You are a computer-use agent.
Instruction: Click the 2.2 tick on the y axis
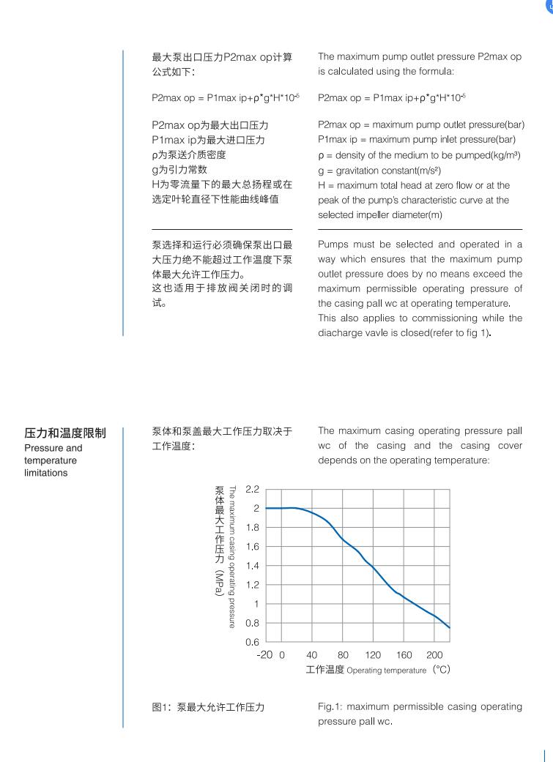253,488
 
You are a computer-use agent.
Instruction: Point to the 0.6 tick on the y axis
253,642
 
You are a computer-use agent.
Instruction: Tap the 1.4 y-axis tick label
253,565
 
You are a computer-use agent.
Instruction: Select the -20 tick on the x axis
264,654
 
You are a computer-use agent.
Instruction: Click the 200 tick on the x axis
434,654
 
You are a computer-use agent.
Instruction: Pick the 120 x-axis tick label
373,654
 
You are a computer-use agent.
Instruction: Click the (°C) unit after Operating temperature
440,670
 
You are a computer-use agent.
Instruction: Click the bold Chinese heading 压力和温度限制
64,433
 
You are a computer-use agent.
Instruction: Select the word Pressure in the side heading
42,447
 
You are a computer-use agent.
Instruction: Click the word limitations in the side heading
45,473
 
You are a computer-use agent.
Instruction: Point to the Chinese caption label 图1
160,707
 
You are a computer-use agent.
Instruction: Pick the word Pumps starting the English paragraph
333,244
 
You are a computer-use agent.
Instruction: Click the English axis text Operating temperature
386,671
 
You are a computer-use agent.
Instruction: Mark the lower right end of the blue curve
449,627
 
